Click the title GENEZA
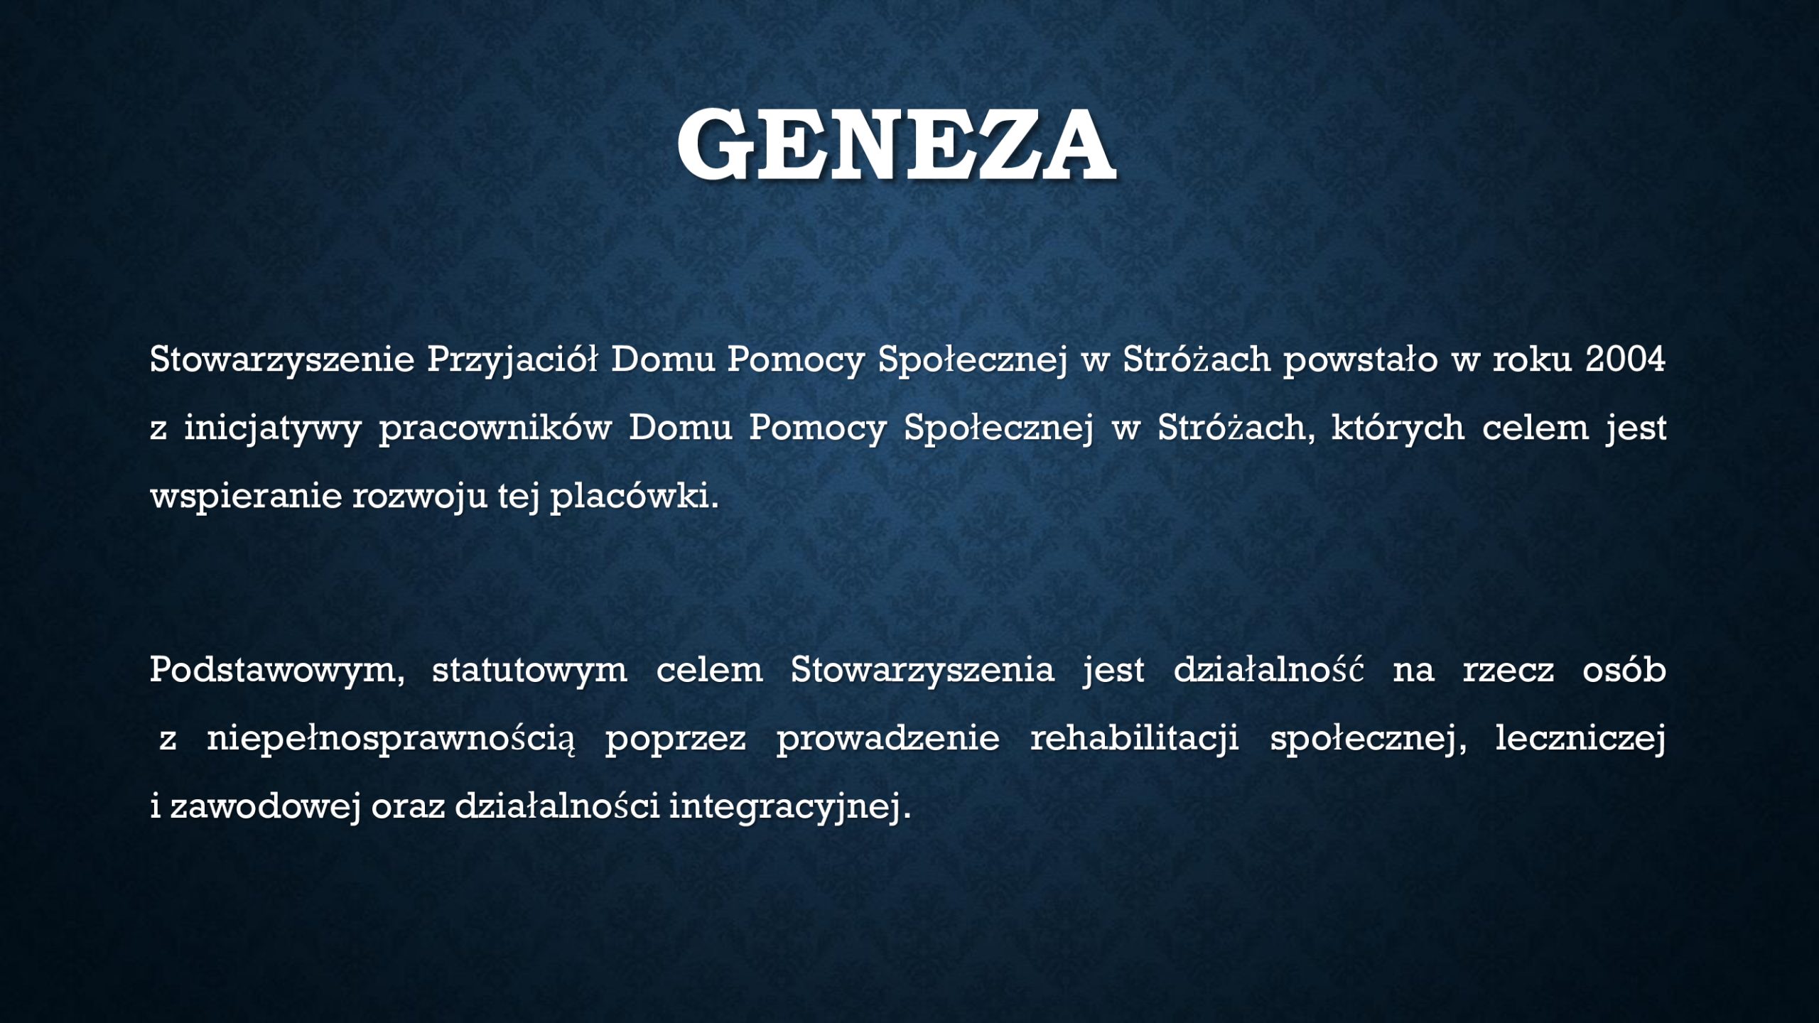click(895, 145)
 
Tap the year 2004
click(1626, 359)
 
